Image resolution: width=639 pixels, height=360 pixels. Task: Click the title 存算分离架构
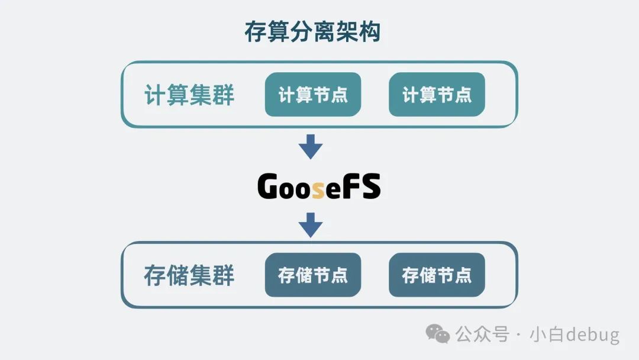312,33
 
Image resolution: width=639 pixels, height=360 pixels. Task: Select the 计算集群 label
189,95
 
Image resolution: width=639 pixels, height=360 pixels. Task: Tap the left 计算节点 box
312,95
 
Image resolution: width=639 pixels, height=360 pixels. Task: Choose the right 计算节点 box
437,95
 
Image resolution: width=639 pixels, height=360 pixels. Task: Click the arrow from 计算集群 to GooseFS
311,146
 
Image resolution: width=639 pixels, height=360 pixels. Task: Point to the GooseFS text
319,187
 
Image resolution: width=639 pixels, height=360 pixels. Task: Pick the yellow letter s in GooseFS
318,189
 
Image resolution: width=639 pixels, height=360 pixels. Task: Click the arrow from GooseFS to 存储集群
311,224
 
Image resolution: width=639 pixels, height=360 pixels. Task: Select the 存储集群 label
189,275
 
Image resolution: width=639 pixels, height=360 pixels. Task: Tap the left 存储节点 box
312,275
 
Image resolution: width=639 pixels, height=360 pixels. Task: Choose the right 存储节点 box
437,275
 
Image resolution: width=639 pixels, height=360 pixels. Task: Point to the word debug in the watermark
592,335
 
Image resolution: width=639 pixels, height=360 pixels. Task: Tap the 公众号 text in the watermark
482,335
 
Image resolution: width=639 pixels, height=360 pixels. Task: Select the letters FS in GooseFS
362,187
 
